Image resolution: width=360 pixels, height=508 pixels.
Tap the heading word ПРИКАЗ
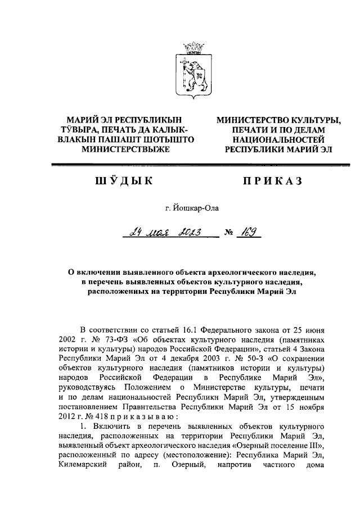point(272,181)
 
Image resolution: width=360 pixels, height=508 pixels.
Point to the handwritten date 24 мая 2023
point(165,232)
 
